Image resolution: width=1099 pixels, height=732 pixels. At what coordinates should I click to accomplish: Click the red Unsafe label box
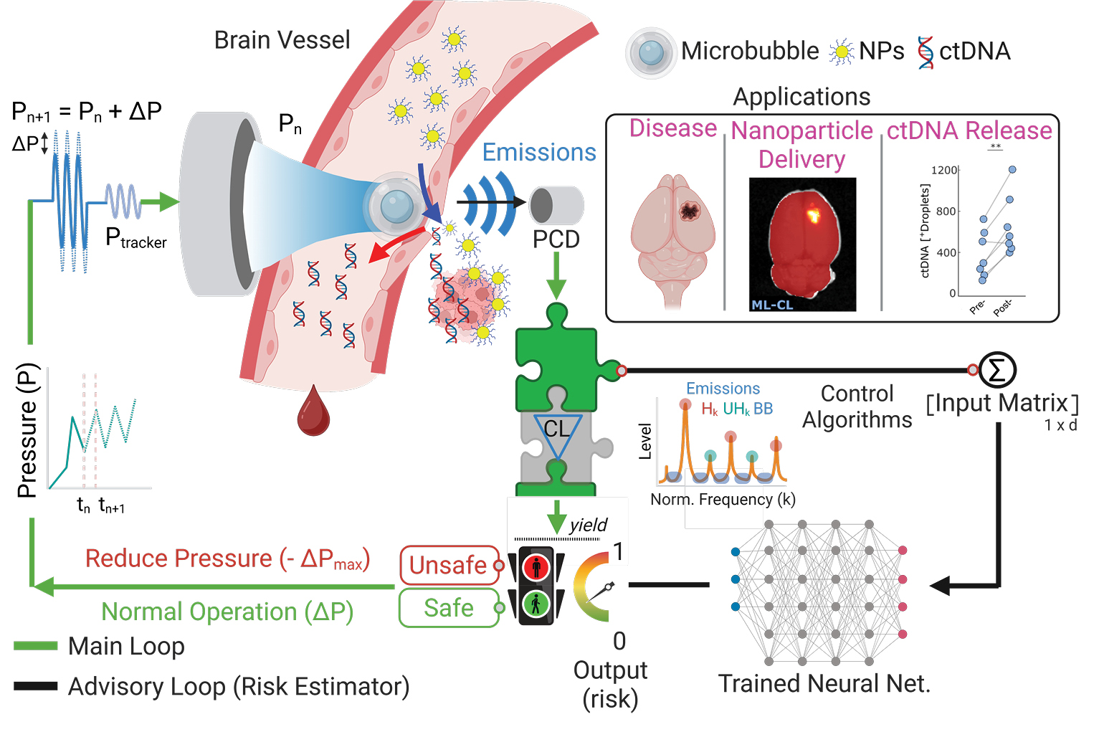point(449,565)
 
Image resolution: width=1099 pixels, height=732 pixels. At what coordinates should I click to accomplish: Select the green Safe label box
point(449,608)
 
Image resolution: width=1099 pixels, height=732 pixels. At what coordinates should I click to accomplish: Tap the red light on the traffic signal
point(536,567)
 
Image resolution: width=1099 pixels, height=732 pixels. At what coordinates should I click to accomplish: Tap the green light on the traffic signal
point(536,604)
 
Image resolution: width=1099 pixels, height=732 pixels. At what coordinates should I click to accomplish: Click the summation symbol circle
point(997,370)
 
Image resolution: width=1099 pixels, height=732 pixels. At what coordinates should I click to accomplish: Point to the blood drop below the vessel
point(313,412)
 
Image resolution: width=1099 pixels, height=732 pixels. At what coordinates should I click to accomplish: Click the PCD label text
point(556,239)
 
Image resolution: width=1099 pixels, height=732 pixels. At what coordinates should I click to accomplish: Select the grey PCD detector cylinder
point(556,205)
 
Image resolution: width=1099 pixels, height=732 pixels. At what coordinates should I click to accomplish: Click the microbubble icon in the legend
point(651,52)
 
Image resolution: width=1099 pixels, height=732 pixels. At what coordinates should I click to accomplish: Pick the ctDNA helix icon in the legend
point(926,52)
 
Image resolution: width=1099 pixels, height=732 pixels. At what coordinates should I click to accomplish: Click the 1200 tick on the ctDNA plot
point(943,170)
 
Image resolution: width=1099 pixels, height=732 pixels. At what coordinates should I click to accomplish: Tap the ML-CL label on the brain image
point(771,305)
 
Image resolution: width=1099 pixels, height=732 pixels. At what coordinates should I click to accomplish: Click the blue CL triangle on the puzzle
point(556,434)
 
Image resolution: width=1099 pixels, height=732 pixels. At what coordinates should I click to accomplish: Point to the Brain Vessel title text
point(282,40)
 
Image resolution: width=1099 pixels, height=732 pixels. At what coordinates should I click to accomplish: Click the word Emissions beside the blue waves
point(539,153)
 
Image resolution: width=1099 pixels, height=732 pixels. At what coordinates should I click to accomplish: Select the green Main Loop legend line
point(36,646)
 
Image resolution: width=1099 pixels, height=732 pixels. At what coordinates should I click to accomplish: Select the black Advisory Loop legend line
point(36,686)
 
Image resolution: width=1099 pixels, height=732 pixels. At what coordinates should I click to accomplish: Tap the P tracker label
point(135,239)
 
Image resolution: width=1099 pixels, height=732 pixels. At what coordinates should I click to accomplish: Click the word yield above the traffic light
point(589,525)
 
